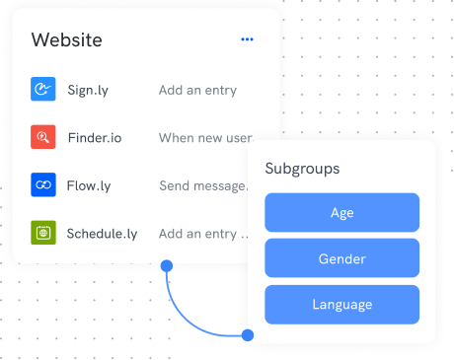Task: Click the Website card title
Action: [x=67, y=40]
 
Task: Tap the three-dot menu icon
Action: [x=247, y=39]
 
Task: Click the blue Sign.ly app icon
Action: [x=43, y=89]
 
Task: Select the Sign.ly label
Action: [x=88, y=90]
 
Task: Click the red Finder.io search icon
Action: [x=43, y=137]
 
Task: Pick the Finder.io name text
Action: [x=95, y=138]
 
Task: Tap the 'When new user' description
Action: [x=206, y=138]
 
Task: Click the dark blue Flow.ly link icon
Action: [x=43, y=184]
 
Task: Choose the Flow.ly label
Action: [x=89, y=185]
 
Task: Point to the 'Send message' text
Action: [x=203, y=185]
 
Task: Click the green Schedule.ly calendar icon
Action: [x=43, y=233]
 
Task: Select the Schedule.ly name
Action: [x=102, y=234]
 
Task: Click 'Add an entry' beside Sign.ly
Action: [x=197, y=90]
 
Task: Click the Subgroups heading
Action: [x=302, y=169]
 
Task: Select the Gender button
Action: [x=342, y=258]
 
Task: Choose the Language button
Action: [x=342, y=305]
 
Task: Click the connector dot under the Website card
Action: [x=167, y=265]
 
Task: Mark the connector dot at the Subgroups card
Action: [x=248, y=335]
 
